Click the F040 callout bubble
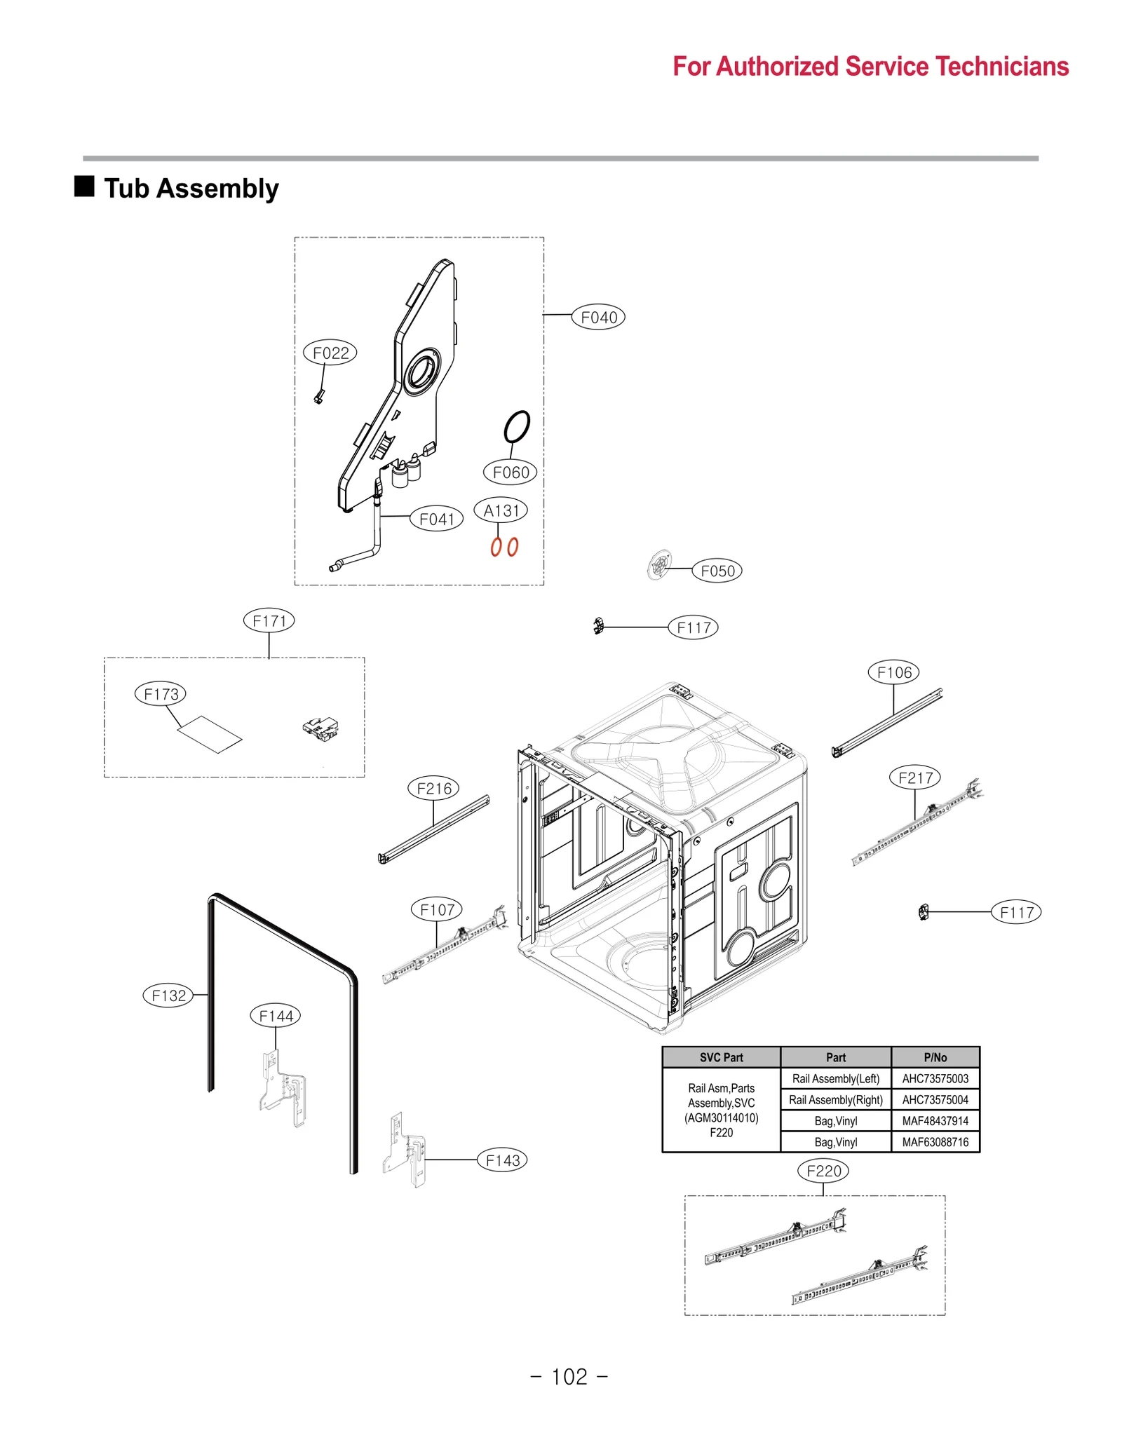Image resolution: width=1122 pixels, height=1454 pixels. click(597, 317)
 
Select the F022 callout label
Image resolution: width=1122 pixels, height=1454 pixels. click(330, 352)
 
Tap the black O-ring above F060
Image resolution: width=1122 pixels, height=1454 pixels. click(517, 426)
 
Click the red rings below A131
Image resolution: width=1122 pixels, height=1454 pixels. click(504, 547)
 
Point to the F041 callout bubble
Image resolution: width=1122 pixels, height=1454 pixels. click(436, 519)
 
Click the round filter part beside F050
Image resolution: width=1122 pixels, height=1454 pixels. click(658, 564)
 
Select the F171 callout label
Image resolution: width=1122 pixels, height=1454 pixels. click(269, 620)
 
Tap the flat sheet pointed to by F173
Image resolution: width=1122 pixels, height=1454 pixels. click(210, 734)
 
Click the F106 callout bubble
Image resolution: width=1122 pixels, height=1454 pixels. click(893, 672)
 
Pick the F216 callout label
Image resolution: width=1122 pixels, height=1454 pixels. click(433, 788)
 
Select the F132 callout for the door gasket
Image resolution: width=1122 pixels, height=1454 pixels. click(168, 995)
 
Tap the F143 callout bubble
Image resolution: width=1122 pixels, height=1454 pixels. click(502, 1160)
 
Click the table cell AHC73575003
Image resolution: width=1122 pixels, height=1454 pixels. click(934, 1078)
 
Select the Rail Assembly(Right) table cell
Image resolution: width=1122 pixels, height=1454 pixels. click(834, 1099)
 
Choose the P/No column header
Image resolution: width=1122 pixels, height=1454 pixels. click(934, 1057)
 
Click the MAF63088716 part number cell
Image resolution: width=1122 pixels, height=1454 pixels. click(934, 1142)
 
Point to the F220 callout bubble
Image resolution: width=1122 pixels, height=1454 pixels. click(823, 1171)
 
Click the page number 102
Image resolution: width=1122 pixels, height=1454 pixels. click(569, 1377)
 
